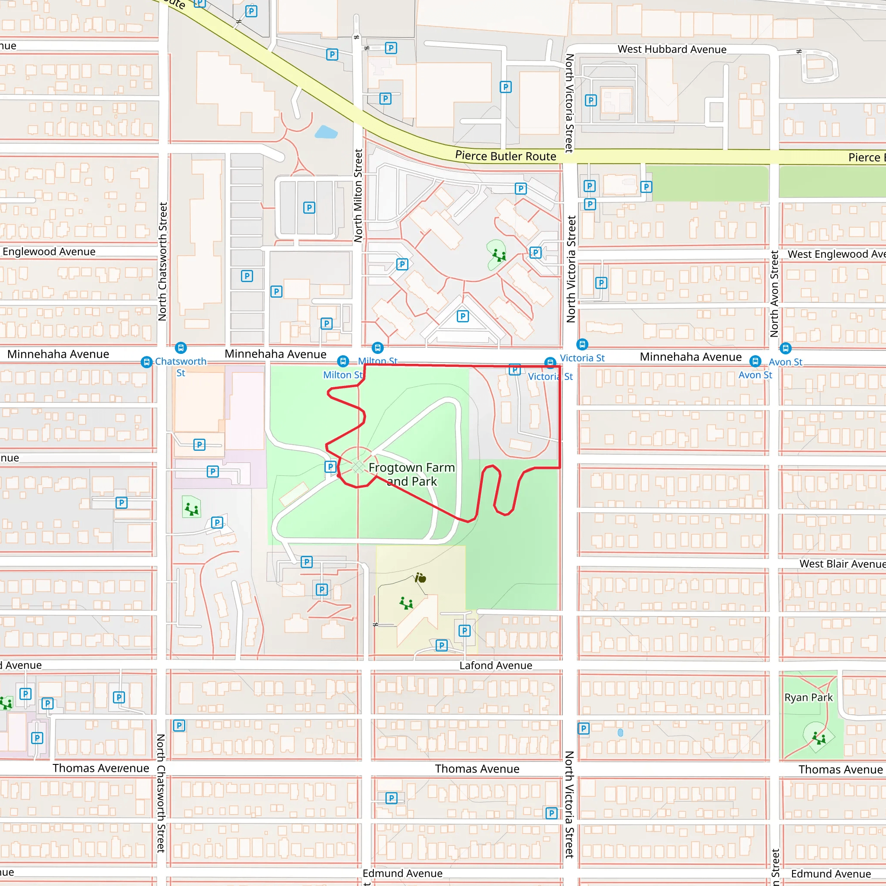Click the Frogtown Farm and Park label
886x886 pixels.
click(x=411, y=474)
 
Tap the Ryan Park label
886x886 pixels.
click(x=808, y=697)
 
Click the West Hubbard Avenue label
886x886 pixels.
click(x=671, y=49)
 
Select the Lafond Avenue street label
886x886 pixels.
click(x=495, y=665)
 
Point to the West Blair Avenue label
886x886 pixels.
click(x=842, y=564)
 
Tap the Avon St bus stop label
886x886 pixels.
click(x=785, y=362)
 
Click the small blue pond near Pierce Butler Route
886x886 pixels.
click(x=326, y=132)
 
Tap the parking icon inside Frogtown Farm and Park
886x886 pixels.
click(x=330, y=467)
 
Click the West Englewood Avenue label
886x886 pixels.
click(x=835, y=254)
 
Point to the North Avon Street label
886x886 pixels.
click(x=774, y=293)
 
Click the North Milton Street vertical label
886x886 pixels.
click(x=358, y=196)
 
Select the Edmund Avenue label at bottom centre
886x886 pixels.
click(x=402, y=873)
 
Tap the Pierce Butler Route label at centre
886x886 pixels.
click(x=505, y=156)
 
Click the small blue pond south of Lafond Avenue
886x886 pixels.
click(x=620, y=733)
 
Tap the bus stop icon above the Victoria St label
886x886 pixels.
click(x=581, y=344)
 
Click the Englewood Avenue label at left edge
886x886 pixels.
click(x=48, y=252)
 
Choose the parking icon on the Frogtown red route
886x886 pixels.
click(x=514, y=369)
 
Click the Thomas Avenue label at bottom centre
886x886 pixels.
click(x=477, y=769)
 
